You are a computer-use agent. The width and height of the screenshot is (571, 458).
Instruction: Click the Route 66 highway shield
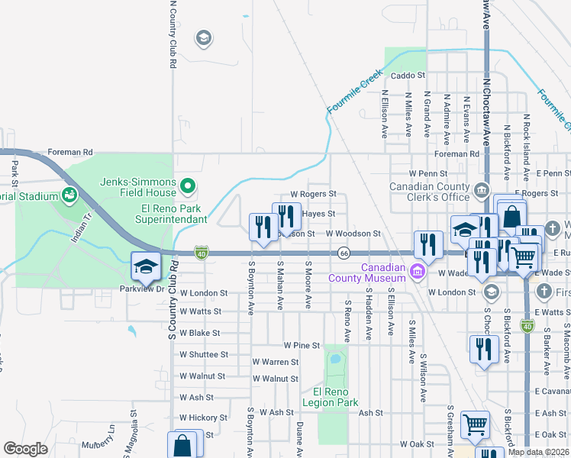(345, 253)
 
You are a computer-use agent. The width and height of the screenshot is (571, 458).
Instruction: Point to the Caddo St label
(407, 76)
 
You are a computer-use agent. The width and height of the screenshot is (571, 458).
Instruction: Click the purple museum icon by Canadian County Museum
(417, 271)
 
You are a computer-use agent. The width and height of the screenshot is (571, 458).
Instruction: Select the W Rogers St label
(312, 195)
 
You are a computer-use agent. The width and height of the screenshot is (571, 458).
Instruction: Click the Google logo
(26, 449)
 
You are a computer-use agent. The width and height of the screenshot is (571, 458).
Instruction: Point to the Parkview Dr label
(141, 289)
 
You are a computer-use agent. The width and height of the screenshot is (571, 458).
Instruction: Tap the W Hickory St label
(203, 418)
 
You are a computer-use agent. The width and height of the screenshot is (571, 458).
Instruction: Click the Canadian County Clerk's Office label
(429, 192)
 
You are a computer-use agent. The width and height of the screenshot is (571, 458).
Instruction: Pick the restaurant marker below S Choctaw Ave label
(484, 350)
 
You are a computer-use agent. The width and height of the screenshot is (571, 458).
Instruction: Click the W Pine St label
(301, 346)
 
